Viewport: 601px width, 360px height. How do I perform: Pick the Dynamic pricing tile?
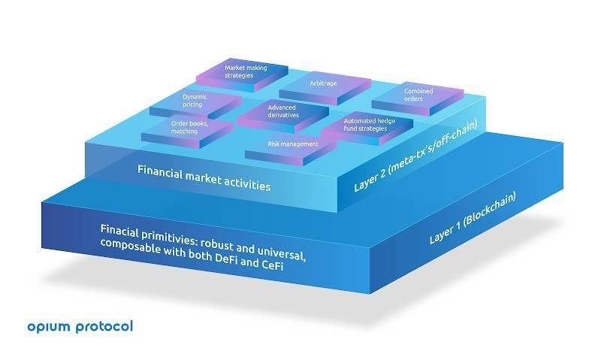(x=197, y=101)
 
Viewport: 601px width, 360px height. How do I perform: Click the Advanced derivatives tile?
(x=282, y=112)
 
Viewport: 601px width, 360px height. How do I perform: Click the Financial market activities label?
(x=203, y=179)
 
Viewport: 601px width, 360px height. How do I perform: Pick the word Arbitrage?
(x=324, y=83)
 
